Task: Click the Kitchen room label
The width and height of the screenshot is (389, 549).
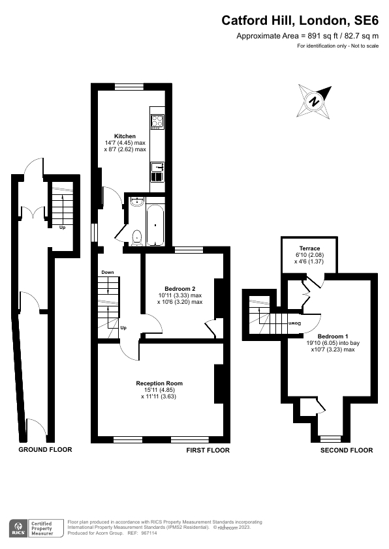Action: (x=125, y=136)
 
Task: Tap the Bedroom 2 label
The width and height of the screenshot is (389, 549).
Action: (x=179, y=288)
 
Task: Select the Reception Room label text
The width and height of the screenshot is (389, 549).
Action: (x=159, y=383)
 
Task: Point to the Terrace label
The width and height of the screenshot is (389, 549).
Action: (x=309, y=248)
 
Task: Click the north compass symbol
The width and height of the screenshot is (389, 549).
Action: (x=314, y=102)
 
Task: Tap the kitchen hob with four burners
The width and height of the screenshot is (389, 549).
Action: (x=158, y=120)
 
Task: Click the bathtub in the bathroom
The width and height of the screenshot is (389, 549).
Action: (x=155, y=225)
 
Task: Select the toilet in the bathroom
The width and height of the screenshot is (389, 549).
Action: (x=137, y=237)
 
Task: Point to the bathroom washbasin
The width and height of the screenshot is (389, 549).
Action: (x=136, y=201)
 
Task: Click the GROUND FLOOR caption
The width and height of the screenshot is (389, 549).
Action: (x=45, y=450)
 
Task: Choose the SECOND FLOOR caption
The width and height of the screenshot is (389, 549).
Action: (x=347, y=450)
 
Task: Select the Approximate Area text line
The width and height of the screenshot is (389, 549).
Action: (x=307, y=36)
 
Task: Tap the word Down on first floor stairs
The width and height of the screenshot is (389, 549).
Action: (x=107, y=273)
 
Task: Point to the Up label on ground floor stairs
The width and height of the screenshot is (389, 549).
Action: (x=63, y=228)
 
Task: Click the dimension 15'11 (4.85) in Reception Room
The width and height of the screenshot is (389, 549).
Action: (x=159, y=390)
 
